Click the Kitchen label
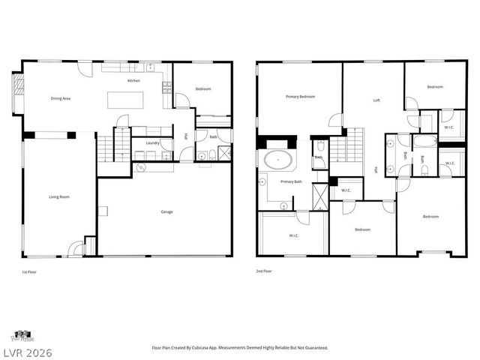pyautogui.click(x=133, y=80)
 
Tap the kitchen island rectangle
pyautogui.click(x=128, y=100)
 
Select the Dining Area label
pyautogui.click(x=61, y=98)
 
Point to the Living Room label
pyautogui.click(x=59, y=196)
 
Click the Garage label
pyautogui.click(x=166, y=211)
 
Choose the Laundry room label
pyautogui.click(x=151, y=142)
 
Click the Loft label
pyautogui.click(x=376, y=100)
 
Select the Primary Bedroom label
pyautogui.click(x=300, y=97)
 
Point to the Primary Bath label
pyautogui.click(x=291, y=181)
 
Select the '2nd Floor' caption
pyautogui.click(x=263, y=271)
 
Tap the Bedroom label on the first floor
pyautogui.click(x=203, y=89)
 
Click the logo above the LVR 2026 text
pyautogui.click(x=22, y=335)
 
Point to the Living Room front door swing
pyautogui.click(x=75, y=248)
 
